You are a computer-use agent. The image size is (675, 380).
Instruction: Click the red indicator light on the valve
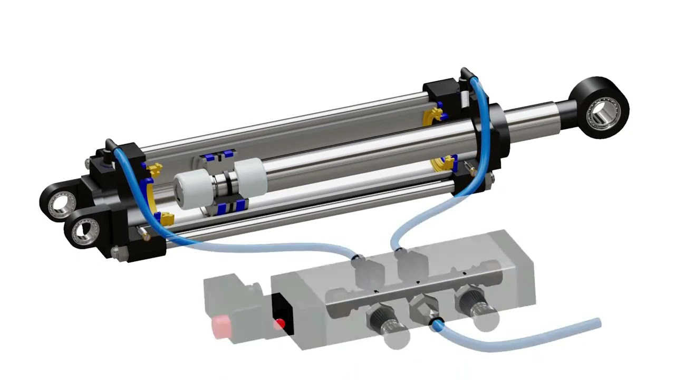click(281, 323)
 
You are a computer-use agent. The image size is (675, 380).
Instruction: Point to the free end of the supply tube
click(596, 324)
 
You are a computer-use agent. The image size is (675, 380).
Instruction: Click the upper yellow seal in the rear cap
click(153, 170)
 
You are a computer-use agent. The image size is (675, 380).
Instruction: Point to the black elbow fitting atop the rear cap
click(110, 147)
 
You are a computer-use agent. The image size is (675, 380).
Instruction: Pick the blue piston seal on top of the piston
click(216, 156)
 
